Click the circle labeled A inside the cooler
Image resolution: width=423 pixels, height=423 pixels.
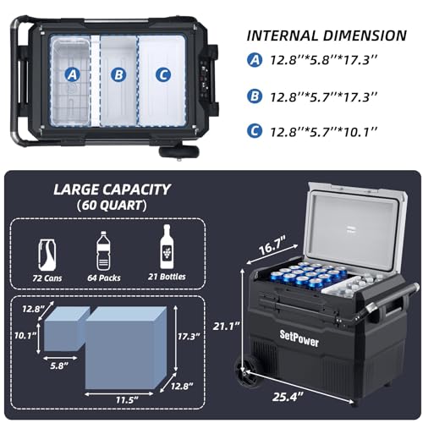pos(73,75)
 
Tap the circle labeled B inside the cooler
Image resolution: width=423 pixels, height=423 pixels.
pos(118,75)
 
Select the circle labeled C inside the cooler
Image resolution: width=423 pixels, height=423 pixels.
pos(163,75)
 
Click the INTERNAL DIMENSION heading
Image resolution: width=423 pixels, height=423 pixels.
pos(327,36)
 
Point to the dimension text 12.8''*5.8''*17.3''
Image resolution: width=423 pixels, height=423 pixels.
pos(324,60)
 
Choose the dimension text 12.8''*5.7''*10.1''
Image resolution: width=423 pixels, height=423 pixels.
pos(324,132)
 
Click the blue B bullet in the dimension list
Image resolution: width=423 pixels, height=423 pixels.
pos(255,96)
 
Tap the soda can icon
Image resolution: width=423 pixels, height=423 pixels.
pos(47,255)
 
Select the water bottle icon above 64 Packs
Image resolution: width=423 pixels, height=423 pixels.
pos(103,251)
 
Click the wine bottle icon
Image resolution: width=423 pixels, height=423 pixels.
pos(167,247)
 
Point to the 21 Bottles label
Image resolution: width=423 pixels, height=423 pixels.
pos(167,277)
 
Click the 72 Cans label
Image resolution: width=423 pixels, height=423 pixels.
pos(47,278)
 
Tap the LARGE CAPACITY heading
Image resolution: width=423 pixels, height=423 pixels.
pos(112,190)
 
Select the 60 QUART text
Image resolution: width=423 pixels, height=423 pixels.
pos(112,206)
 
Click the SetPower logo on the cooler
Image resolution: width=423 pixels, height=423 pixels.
pos(299,338)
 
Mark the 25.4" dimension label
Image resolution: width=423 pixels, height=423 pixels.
pos(288,398)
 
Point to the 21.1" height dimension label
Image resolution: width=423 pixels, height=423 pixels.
pos(226,327)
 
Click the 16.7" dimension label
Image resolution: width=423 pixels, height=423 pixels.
pos(272,246)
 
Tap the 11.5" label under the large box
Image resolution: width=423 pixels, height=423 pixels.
pos(128,399)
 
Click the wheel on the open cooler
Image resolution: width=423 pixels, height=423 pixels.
pos(244,373)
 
